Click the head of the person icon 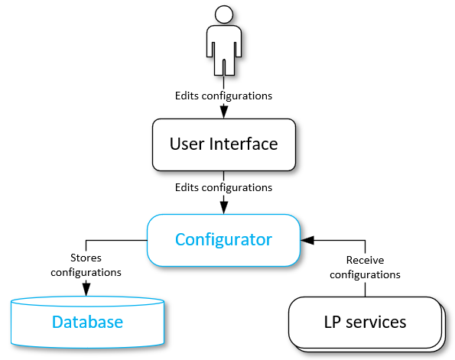[223, 14]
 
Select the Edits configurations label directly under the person [223, 96]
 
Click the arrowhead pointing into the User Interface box [223, 112]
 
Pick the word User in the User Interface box [188, 144]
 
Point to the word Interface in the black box [244, 144]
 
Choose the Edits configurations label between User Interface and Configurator [223, 186]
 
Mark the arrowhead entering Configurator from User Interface [223, 206]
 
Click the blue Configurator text [223, 239]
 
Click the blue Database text [87, 322]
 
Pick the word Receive [364, 261]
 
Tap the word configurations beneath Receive [364, 274]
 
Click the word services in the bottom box [375, 322]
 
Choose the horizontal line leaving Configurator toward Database [115, 240]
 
